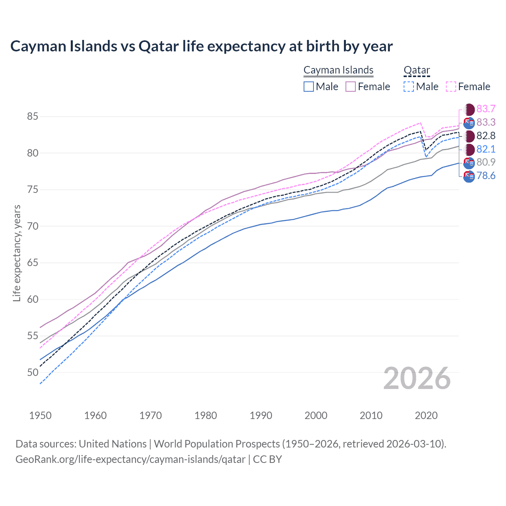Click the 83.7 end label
[486, 109]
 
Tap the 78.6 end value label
[486, 176]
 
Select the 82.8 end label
[486, 136]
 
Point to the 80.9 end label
[486, 162]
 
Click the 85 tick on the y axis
[32, 117]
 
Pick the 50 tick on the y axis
[32, 372]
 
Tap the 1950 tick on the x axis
[41, 415]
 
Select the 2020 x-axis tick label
[426, 415]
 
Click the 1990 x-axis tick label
[261, 415]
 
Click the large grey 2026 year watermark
[417, 379]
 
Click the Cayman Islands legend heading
[338, 70]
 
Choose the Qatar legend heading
[417, 70]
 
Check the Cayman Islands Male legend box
[309, 87]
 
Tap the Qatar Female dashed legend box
[451, 87]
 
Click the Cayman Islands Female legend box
[351, 87]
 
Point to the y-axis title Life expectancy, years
[17, 253]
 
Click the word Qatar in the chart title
[158, 46]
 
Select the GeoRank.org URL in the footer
[130, 459]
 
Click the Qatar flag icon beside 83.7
[469, 110]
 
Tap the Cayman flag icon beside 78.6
[469, 176]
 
